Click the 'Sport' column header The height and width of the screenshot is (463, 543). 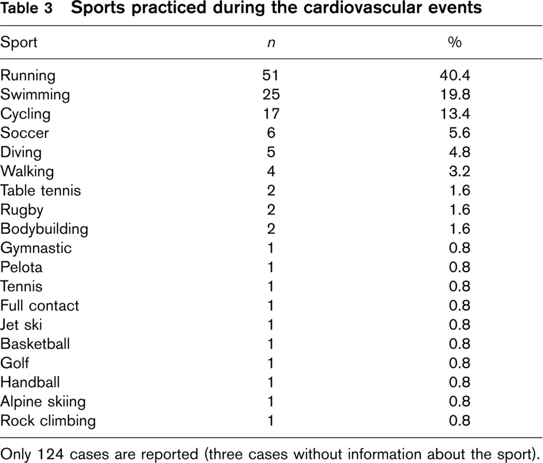click(x=19, y=42)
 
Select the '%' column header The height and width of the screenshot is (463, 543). click(x=455, y=42)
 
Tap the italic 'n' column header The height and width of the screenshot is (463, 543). click(x=271, y=43)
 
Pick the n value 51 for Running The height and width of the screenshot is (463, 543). click(x=271, y=75)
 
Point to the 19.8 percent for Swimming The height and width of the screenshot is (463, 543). click(x=455, y=95)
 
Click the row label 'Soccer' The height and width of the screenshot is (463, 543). click(x=24, y=133)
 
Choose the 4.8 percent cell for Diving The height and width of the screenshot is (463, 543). click(x=459, y=152)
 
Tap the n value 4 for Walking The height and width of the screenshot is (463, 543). click(x=271, y=171)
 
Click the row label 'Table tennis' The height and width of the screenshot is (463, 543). click(x=41, y=191)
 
